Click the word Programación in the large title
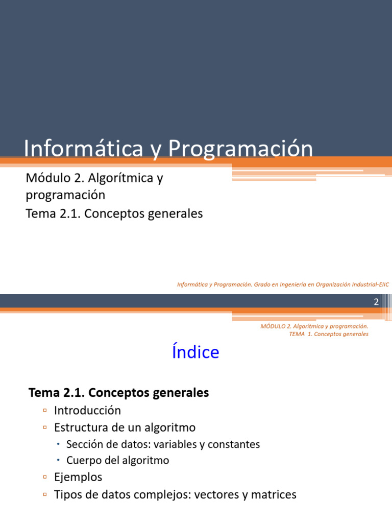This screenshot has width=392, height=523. (240, 150)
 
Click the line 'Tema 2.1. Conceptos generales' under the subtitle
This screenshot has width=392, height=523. (114, 213)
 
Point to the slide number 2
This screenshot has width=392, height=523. (376, 302)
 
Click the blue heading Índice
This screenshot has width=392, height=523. (195, 352)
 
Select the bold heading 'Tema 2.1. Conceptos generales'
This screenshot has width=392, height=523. (119, 393)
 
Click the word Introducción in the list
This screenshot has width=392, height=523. (87, 410)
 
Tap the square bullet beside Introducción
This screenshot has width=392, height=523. (45, 410)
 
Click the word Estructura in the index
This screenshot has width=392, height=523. (80, 427)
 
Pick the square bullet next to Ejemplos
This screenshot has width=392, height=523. (45, 477)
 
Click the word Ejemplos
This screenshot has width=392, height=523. (78, 477)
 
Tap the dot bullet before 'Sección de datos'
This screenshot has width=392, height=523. (59, 444)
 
